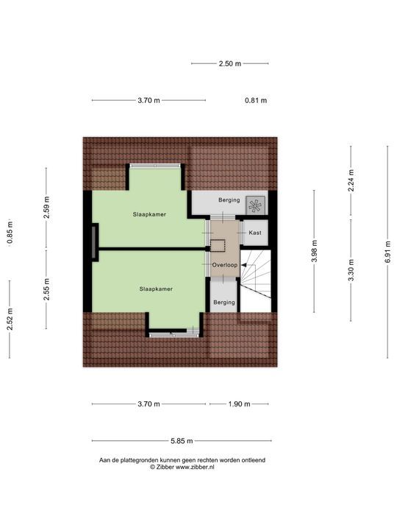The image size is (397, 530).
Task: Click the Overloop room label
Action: coord(224,264)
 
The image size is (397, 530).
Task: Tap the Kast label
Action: coord(255,233)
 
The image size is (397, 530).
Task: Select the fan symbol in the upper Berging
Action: coord(255,204)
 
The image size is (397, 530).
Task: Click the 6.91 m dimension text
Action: coord(388,252)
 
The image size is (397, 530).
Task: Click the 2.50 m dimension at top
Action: coord(230,63)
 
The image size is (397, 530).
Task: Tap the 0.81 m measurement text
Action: coord(256,101)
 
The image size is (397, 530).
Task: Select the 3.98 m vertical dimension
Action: coord(315,252)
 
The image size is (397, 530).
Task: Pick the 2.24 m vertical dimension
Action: coord(351,181)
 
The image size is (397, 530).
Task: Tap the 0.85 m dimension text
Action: coord(10,232)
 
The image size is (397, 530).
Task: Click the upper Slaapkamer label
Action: coord(149,214)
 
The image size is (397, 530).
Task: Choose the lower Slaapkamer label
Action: coord(156,289)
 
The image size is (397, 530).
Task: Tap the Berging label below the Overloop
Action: coord(224,302)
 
